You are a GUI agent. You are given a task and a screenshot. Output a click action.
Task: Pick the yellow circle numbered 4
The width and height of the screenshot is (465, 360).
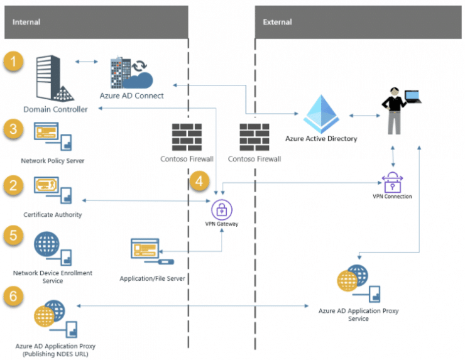199,182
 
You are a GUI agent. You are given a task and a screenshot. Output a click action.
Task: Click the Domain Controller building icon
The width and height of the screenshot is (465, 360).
58,79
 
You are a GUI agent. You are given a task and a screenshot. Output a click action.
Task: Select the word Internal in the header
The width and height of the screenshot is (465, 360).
26,22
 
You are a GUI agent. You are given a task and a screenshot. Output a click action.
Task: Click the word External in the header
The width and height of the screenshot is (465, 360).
278,22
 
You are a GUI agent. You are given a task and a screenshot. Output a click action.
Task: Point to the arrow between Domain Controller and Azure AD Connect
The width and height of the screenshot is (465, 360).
87,62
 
